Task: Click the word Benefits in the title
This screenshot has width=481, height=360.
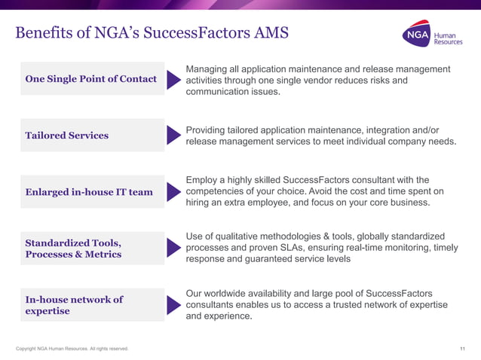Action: (44, 33)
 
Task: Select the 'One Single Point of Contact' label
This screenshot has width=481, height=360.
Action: (91, 78)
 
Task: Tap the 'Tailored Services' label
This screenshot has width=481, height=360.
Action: (67, 136)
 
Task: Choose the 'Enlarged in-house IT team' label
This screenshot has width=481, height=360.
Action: (89, 192)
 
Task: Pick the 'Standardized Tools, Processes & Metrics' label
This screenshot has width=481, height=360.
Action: (73, 249)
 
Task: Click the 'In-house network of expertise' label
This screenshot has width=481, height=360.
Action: (74, 305)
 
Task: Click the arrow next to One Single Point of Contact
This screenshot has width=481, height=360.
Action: (173, 79)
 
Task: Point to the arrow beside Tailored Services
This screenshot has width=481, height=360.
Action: (173, 136)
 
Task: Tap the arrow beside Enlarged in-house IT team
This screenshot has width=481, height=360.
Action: (173, 192)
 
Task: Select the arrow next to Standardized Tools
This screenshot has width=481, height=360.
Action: (173, 249)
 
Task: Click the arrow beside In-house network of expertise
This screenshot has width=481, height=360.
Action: (173, 305)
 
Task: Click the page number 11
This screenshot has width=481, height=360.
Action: (462, 349)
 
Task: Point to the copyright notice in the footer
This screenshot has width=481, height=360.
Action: (72, 349)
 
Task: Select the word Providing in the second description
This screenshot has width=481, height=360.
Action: (208, 130)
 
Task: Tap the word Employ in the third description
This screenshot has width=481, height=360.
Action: (202, 180)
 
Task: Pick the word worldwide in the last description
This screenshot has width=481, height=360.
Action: (228, 292)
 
